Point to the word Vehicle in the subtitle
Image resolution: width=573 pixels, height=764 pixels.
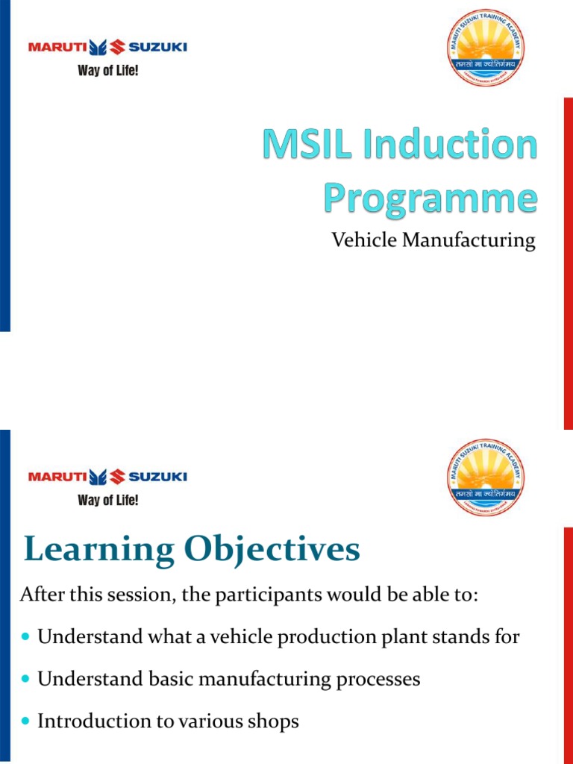click(357, 240)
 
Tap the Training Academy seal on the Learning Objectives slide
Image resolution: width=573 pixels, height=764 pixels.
click(485, 475)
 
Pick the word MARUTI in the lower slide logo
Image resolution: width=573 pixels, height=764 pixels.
click(57, 476)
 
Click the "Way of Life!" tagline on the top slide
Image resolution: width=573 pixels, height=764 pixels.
click(108, 72)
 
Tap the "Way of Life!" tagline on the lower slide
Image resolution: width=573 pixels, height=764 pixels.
click(108, 500)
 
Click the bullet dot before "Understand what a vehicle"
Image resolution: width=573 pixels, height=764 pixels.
click(28, 638)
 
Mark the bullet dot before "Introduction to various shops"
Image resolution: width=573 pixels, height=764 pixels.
click(28, 722)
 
